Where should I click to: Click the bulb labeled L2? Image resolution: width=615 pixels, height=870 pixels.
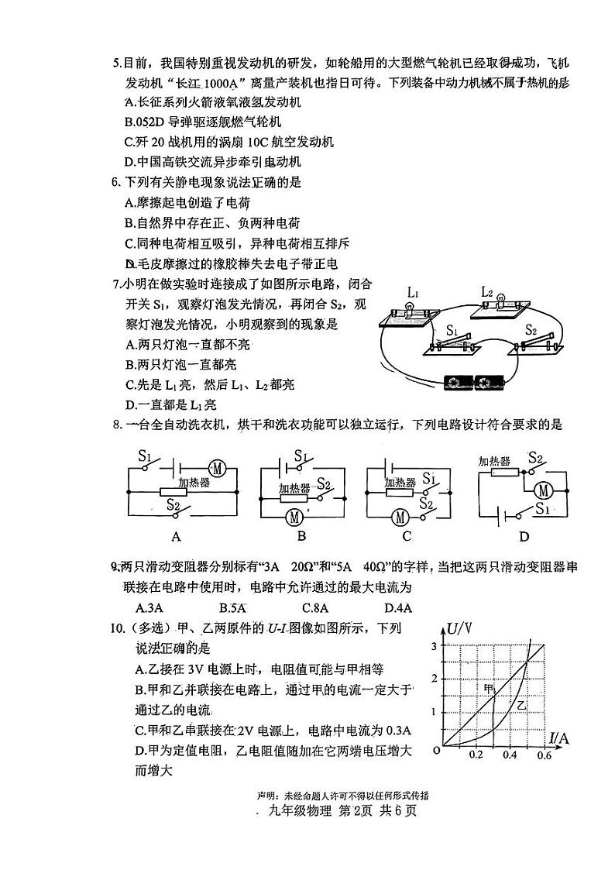point(500,297)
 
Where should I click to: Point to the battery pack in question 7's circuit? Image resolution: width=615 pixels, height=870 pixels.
point(472,383)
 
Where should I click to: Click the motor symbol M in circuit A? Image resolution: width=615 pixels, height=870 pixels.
point(218,468)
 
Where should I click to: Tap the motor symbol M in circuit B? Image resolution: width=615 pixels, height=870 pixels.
point(294,515)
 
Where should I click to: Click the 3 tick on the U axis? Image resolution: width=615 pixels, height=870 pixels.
point(434,646)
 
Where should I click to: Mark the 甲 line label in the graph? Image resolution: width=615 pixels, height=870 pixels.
point(488,688)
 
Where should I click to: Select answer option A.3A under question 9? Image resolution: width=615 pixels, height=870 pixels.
point(148,607)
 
